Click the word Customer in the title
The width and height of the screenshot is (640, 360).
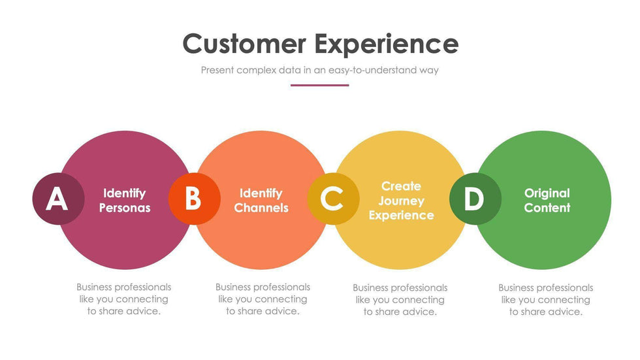(244, 44)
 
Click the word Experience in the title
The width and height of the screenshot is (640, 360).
(386, 44)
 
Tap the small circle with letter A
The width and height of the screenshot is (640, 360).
(57, 199)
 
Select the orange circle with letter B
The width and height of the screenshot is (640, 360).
(194, 199)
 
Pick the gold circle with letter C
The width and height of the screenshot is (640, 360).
(332, 199)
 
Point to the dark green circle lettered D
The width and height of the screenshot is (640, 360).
(475, 199)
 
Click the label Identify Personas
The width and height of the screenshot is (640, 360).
(124, 201)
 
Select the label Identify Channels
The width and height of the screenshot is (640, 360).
(261, 201)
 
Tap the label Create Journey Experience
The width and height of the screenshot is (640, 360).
(401, 201)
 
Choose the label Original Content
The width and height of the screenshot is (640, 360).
(547, 201)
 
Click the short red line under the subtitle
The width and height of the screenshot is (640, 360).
(319, 85)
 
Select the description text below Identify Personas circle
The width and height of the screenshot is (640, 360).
(124, 299)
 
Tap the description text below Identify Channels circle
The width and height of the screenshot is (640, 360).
(263, 299)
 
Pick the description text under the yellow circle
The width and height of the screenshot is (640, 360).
(400, 299)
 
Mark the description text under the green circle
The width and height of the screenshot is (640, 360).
(546, 299)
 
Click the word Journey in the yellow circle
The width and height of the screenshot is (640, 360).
(401, 201)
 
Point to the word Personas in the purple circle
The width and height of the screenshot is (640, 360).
(124, 208)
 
